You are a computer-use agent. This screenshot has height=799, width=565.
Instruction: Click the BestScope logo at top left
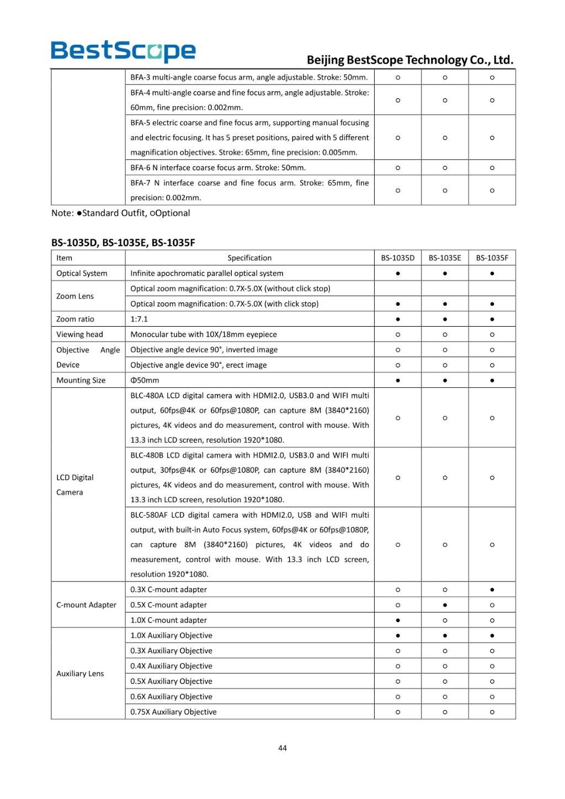coord(123,51)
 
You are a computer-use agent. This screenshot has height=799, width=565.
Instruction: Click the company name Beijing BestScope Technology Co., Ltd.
coord(409,60)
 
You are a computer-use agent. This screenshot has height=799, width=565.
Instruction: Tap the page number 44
coord(282,748)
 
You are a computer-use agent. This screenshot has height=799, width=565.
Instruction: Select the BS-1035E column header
coord(445,258)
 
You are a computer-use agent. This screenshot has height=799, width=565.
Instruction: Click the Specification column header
coord(249,258)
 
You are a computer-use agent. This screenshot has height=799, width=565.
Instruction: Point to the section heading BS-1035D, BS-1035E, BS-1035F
coord(123,242)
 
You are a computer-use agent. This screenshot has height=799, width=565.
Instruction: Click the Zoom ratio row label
coord(75,319)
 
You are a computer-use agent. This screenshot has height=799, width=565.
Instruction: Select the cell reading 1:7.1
coord(139,319)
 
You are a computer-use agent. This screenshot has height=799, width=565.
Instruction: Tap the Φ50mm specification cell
coord(145,380)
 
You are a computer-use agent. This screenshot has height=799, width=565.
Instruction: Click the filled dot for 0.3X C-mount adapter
coord(492,589)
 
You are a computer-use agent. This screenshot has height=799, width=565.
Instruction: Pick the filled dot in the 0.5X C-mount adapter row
coord(445,605)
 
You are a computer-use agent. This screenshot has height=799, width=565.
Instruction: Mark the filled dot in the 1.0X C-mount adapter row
coord(398,620)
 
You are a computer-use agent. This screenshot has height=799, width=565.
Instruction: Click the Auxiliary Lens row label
coord(80,673)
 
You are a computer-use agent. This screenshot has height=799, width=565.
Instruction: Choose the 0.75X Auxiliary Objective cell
coord(173,712)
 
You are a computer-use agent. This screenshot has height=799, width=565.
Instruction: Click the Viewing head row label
coord(79,334)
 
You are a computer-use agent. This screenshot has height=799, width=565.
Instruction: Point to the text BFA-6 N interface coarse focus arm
coord(218,168)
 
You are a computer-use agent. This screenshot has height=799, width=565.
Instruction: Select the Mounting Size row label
coord(81,380)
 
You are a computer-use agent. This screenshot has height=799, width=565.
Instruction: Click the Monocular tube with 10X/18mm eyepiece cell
coord(204,334)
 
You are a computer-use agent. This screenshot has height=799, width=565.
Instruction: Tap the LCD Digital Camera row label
coord(75,484)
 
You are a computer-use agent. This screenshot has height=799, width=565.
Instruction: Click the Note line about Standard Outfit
coord(121,213)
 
